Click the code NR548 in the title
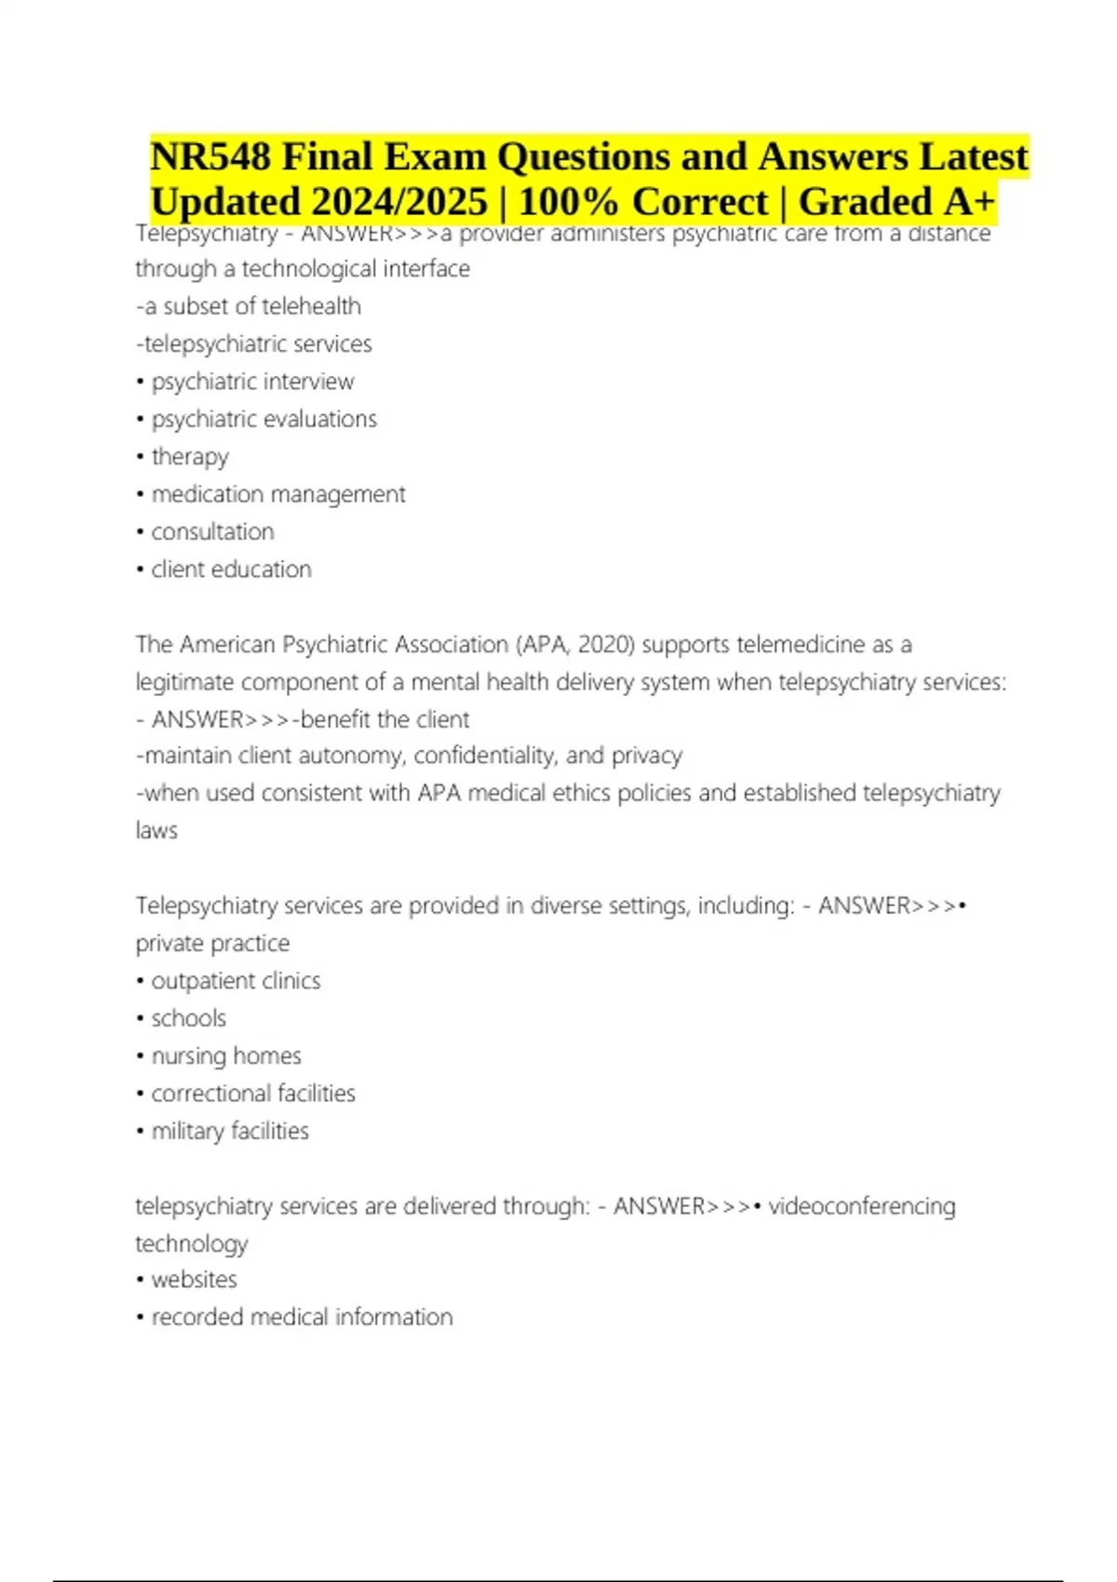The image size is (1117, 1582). point(210,156)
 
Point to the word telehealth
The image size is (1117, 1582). point(311,306)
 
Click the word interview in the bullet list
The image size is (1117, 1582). point(312,382)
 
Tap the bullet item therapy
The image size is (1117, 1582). point(190,457)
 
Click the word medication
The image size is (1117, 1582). point(208,494)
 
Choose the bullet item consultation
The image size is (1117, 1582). point(213,531)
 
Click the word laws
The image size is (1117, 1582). point(156,830)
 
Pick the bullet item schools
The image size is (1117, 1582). point(189,1018)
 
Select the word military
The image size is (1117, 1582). point(188,1131)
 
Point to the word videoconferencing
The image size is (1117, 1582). point(862,1206)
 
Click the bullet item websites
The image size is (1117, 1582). point(195,1280)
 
